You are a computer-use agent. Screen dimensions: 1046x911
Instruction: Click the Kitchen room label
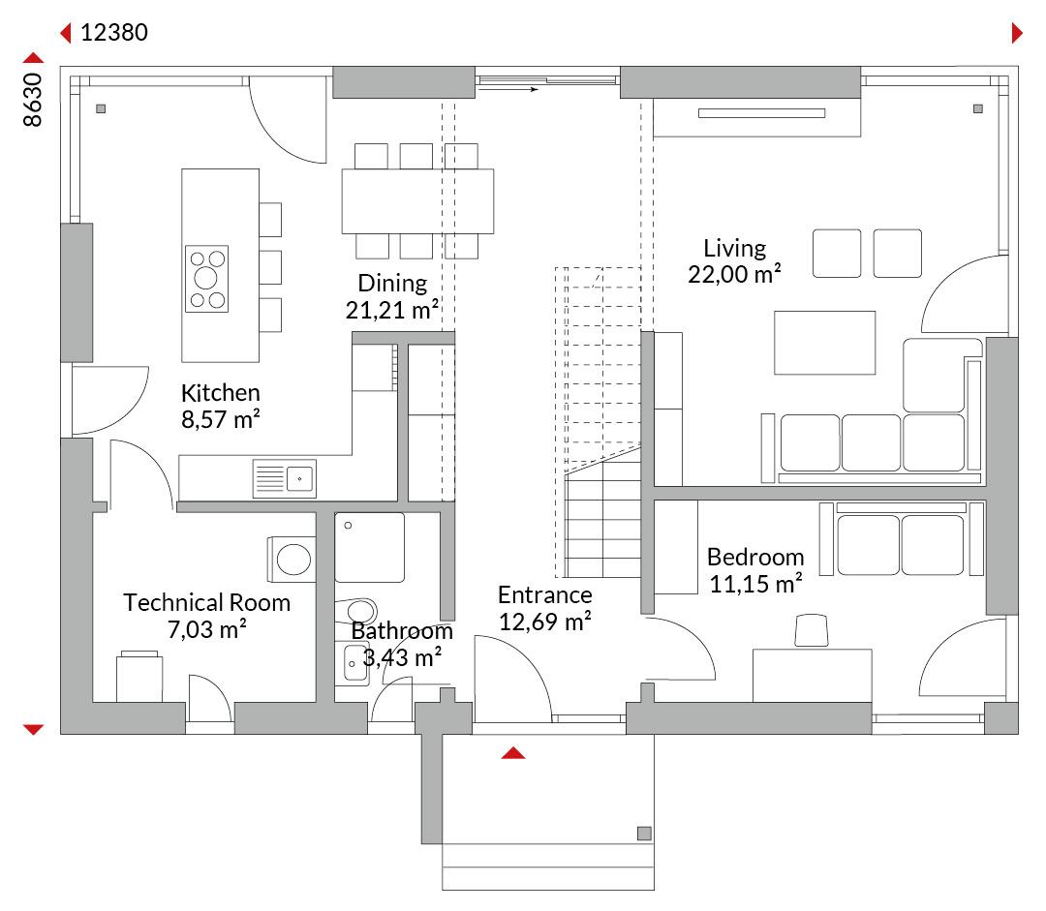pyautogui.click(x=220, y=393)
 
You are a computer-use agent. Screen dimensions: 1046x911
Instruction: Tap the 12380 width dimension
pyautogui.click(x=114, y=32)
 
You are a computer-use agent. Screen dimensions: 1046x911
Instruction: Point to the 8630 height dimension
pyautogui.click(x=32, y=100)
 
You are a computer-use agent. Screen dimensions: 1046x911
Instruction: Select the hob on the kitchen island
pyautogui.click(x=207, y=279)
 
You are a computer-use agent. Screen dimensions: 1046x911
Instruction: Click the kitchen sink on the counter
pyautogui.click(x=285, y=478)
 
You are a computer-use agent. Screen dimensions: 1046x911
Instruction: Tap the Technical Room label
pyautogui.click(x=207, y=602)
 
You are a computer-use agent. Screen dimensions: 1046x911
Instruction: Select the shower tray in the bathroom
pyautogui.click(x=370, y=548)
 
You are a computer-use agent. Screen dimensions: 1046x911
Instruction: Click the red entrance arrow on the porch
pyautogui.click(x=513, y=753)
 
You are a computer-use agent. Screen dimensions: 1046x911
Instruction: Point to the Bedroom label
pyautogui.click(x=755, y=557)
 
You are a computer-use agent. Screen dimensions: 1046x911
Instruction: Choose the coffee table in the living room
pyautogui.click(x=824, y=343)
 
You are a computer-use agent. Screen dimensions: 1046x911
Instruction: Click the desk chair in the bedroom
pyautogui.click(x=812, y=630)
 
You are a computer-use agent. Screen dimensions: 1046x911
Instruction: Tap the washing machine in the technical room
pyautogui.click(x=292, y=559)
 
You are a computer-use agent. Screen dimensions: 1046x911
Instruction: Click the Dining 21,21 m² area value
pyautogui.click(x=392, y=310)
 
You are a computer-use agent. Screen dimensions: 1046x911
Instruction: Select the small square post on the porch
pyautogui.click(x=644, y=833)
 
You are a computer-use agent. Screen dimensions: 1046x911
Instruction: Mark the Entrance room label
pyautogui.click(x=545, y=594)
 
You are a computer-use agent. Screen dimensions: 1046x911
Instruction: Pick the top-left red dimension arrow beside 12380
pyautogui.click(x=66, y=33)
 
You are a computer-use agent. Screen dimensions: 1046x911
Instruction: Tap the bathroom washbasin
pyautogui.click(x=352, y=663)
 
